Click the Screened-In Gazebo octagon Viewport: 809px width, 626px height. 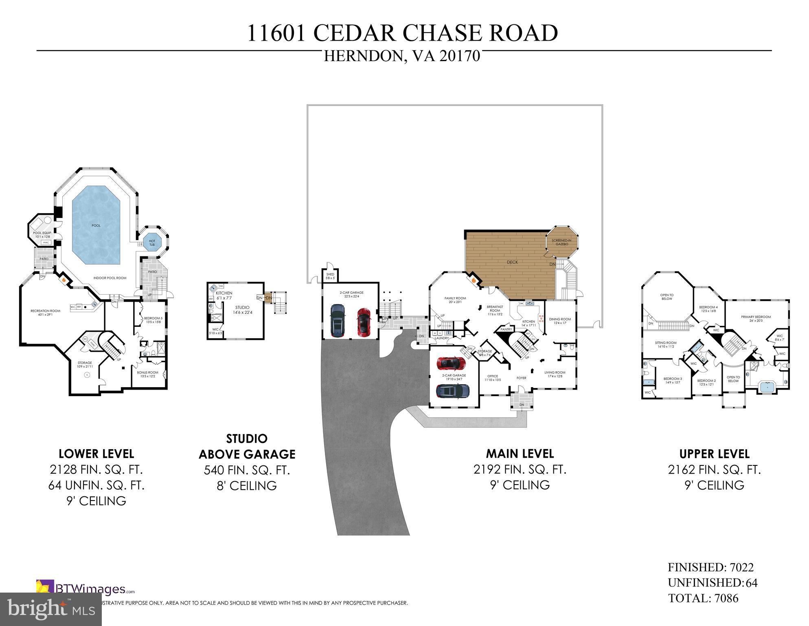(x=561, y=242)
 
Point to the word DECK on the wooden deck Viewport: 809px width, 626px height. (x=512, y=262)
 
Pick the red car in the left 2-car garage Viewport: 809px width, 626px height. (x=364, y=322)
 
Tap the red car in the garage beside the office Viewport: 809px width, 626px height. (x=451, y=362)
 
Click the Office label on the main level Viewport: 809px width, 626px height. (x=493, y=378)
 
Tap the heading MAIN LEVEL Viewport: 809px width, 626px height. (x=520, y=454)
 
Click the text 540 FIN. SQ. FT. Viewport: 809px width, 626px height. (x=247, y=470)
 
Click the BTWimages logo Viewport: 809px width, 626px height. (x=86, y=589)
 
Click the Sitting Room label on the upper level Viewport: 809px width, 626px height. (x=665, y=344)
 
